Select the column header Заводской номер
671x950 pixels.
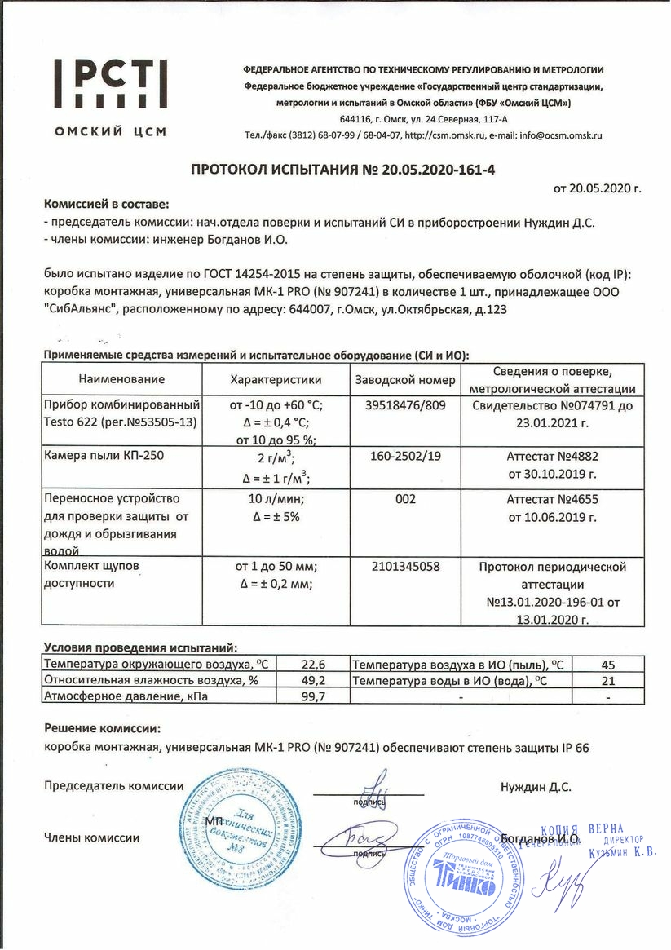404,380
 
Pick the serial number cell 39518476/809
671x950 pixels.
404,405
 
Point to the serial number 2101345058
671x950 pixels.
405,566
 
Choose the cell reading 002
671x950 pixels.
405,497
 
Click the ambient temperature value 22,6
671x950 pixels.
314,665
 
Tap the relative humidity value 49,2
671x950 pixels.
314,680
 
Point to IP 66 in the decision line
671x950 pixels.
574,747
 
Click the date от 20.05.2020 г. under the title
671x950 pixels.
598,189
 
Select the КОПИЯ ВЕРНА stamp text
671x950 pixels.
588,829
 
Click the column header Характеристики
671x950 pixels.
276,380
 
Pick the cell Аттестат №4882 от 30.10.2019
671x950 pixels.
552,464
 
